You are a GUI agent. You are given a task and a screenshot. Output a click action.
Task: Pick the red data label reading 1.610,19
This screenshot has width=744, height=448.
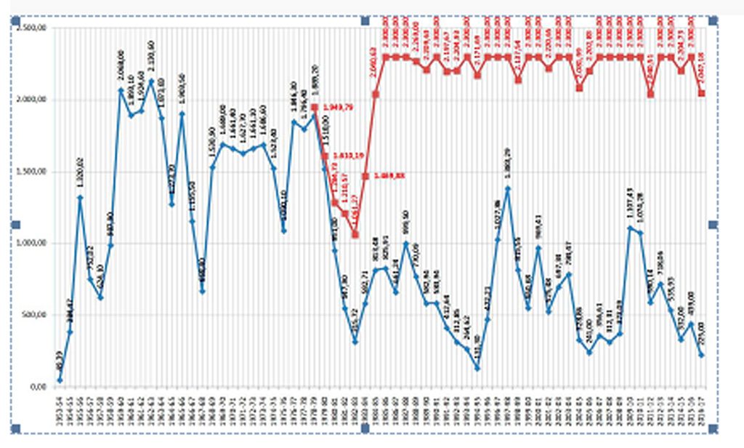[x=347, y=156]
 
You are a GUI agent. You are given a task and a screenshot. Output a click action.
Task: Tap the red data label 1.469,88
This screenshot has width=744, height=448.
[x=389, y=175]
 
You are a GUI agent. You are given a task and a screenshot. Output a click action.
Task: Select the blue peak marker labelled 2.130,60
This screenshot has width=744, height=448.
[x=151, y=81]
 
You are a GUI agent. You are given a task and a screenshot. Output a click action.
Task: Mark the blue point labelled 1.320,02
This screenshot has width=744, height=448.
[x=80, y=197]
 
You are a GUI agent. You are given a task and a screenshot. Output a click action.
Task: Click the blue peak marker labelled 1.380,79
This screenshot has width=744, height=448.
[x=508, y=188]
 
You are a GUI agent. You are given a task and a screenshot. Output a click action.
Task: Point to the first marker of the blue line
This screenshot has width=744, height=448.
[x=60, y=380]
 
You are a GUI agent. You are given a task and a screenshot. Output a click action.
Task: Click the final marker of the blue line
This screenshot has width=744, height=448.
[x=702, y=355]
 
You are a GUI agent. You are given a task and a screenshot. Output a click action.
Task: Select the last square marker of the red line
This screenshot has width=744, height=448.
[x=702, y=93]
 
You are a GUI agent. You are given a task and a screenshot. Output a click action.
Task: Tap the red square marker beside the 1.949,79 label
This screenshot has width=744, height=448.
[x=314, y=107]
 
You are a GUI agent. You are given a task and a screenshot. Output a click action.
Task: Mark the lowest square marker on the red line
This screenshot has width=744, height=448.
[x=355, y=234]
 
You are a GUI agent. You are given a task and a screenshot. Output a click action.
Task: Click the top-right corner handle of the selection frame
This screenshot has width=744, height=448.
[x=713, y=22]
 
